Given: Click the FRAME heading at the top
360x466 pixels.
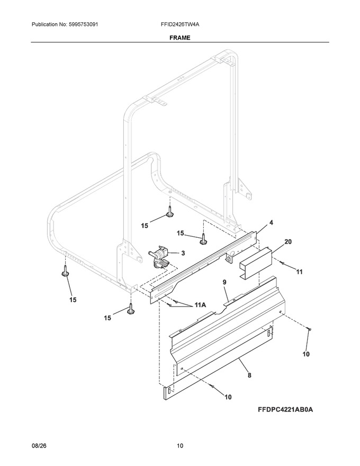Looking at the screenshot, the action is (x=179, y=38).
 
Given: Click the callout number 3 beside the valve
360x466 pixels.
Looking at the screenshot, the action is (x=183, y=253).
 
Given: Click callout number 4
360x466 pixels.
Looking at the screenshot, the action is (x=271, y=222).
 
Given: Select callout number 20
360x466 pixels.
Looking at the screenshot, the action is (x=288, y=241).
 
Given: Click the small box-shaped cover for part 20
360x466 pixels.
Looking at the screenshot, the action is (x=256, y=263).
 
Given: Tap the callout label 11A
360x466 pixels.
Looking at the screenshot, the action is (x=200, y=304).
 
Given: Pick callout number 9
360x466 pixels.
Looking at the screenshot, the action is (x=224, y=282).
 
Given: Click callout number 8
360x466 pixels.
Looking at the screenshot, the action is (x=249, y=375).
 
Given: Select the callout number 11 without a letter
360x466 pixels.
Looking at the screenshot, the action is (x=299, y=272).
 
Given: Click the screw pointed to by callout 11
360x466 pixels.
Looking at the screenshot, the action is (x=282, y=263).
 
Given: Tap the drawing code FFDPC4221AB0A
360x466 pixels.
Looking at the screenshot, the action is (x=285, y=409).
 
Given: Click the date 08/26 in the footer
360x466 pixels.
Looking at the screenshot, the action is (x=38, y=446).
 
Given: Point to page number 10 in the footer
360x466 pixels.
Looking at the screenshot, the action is (x=180, y=446).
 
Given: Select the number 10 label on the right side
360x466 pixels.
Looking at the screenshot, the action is (x=306, y=354).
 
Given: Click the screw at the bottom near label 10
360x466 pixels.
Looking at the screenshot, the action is (x=212, y=386).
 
